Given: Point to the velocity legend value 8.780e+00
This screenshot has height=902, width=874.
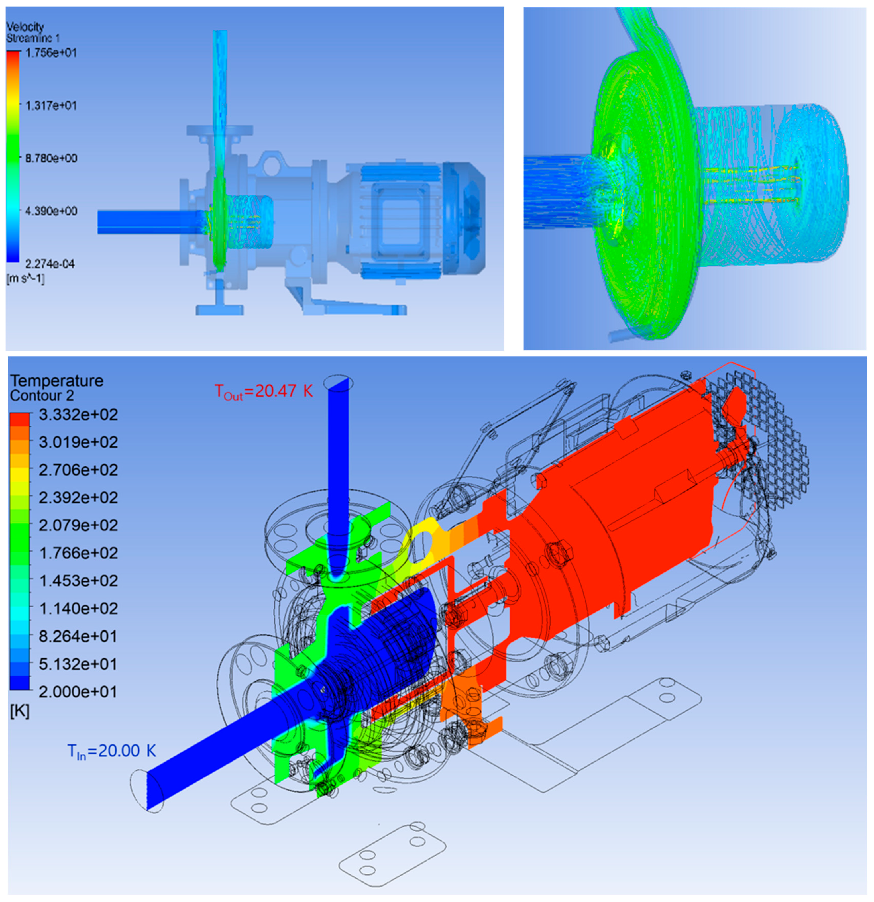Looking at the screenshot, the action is coord(51,158).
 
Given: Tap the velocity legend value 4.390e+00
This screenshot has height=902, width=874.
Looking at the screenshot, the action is coord(51,211).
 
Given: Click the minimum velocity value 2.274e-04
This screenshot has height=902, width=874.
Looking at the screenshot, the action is coord(50,264).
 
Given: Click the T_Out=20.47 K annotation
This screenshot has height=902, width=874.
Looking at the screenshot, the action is coord(264,392).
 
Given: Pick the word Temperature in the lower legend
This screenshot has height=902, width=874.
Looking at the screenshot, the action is coord(57,381).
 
